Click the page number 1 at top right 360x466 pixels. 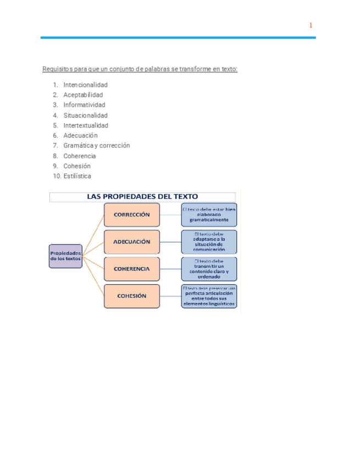[311, 25]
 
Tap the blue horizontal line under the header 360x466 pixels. [178, 37]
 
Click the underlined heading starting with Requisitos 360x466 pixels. [140, 69]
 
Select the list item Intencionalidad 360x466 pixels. [85, 85]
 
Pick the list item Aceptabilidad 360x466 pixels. [83, 95]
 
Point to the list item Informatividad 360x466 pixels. [84, 105]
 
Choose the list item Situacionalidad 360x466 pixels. [85, 115]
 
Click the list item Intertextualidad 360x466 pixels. [86, 125]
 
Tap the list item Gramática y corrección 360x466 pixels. [96, 146]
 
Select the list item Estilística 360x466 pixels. [77, 176]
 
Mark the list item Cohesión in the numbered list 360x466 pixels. [77, 166]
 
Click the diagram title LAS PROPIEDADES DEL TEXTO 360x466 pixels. [142, 196]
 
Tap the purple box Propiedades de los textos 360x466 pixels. [65, 256]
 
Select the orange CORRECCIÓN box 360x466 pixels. [132, 215]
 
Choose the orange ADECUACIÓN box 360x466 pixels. [132, 242]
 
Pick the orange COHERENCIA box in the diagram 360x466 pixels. [132, 269]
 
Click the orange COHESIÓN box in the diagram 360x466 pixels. [132, 296]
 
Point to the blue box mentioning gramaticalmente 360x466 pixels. [209, 215]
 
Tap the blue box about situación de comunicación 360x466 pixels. [209, 242]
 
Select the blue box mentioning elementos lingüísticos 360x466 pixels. [209, 296]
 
